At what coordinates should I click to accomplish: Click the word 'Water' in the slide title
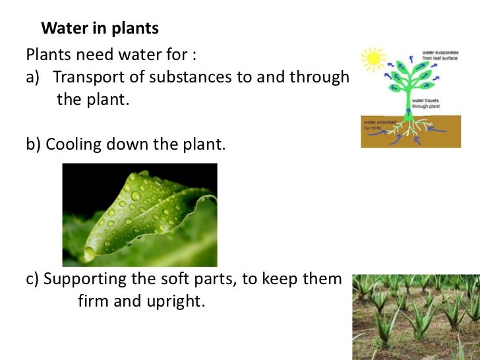[63, 29]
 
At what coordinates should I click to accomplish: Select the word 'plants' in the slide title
[135, 29]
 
